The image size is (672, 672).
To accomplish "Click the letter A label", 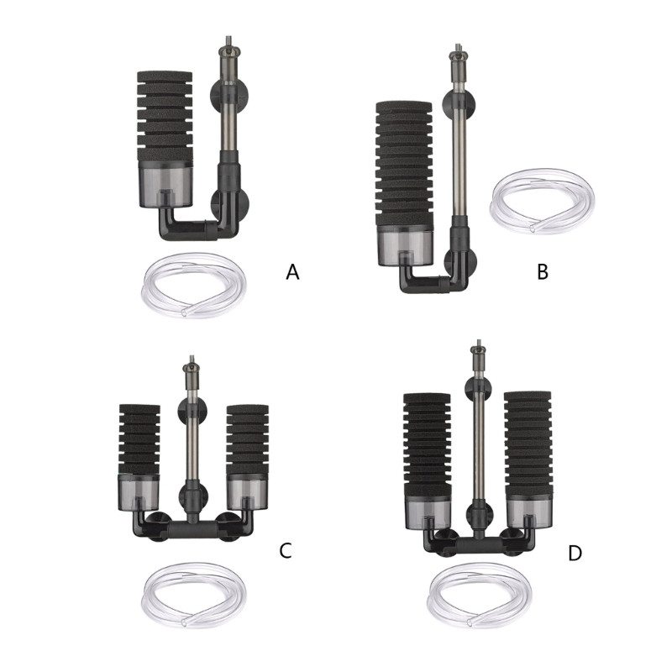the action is (x=292, y=271).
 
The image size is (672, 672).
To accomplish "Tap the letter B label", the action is (x=543, y=271).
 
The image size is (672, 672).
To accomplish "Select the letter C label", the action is (x=286, y=550).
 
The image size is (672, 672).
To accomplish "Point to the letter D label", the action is (x=575, y=553).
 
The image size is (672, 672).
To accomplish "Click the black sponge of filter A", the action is (x=165, y=116).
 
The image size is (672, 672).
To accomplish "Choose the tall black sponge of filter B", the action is (x=404, y=165).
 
